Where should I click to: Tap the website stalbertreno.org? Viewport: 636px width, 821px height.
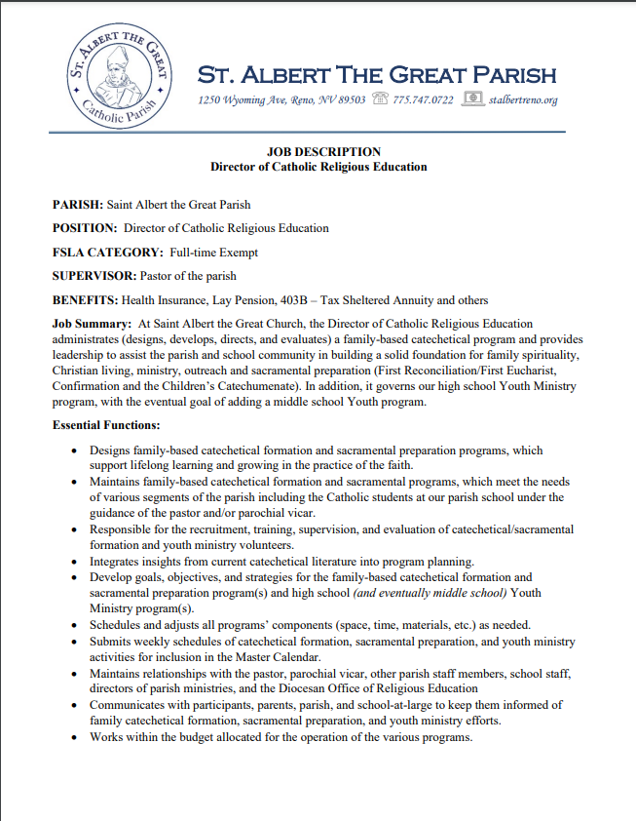(x=525, y=100)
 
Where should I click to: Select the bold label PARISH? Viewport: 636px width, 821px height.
(x=77, y=205)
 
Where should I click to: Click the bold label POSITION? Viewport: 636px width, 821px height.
(x=85, y=228)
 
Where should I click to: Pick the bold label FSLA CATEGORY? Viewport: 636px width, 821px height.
(x=107, y=253)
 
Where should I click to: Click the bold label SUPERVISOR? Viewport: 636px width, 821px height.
(x=94, y=276)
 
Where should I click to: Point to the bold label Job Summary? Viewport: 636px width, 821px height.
(x=92, y=324)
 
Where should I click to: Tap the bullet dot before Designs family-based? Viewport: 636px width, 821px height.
(x=76, y=451)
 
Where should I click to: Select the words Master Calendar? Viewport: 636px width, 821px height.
(x=280, y=657)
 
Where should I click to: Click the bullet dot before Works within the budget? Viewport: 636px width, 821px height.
(x=76, y=737)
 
